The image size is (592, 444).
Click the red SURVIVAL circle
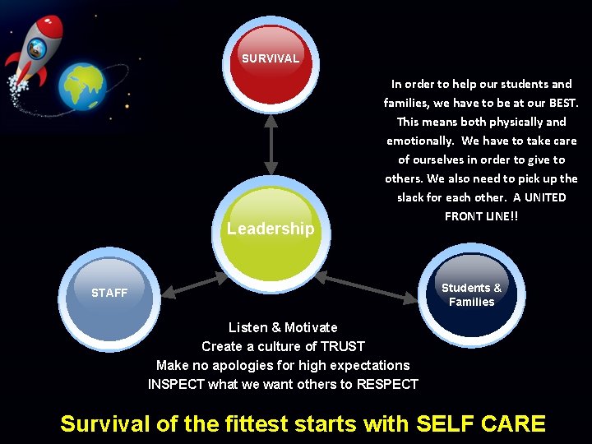(271, 63)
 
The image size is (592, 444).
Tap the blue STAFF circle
(109, 294)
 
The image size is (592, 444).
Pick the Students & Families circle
(471, 294)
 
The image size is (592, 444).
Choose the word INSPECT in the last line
(175, 384)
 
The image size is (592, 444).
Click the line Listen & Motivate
(283, 327)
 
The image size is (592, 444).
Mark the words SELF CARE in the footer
(481, 423)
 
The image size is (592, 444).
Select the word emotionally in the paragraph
(419, 141)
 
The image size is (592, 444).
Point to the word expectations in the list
(367, 365)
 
